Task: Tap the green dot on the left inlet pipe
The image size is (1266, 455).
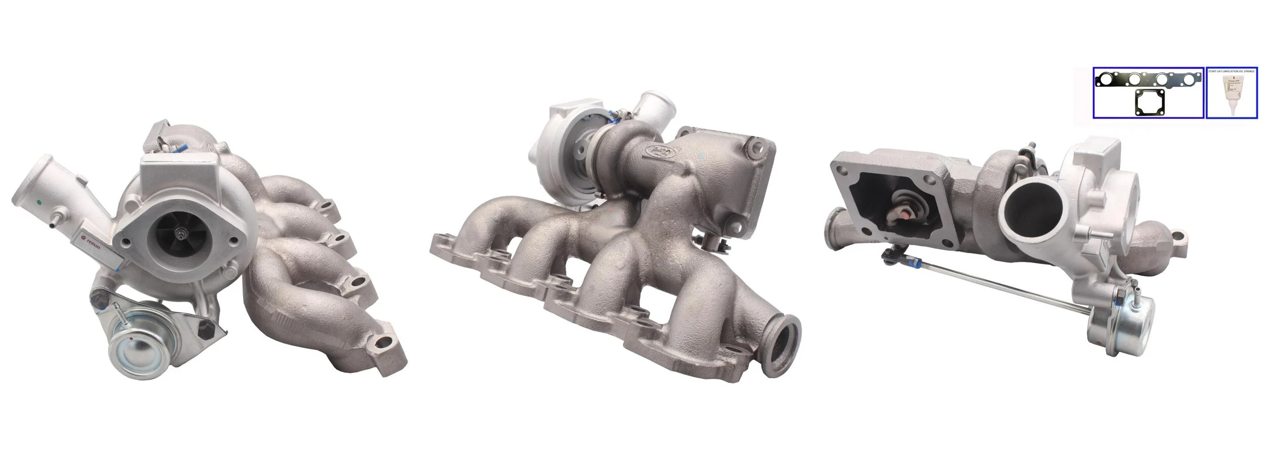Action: [39, 203]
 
